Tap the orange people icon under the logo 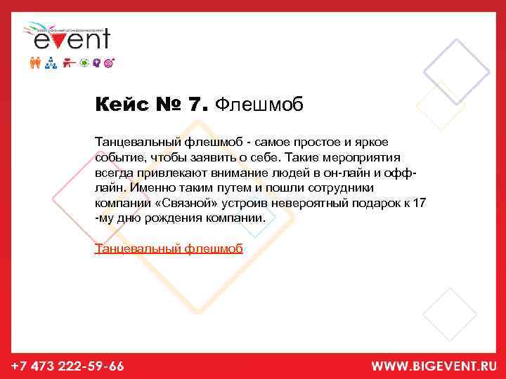[37, 63]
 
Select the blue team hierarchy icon [51, 63]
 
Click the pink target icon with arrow [108, 63]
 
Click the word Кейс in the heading [119, 105]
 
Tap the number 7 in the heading [196, 105]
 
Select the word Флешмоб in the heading [259, 105]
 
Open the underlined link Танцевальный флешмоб [169, 248]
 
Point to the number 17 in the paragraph [420, 203]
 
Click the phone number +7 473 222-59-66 [68, 366]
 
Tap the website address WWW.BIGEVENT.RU [434, 366]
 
